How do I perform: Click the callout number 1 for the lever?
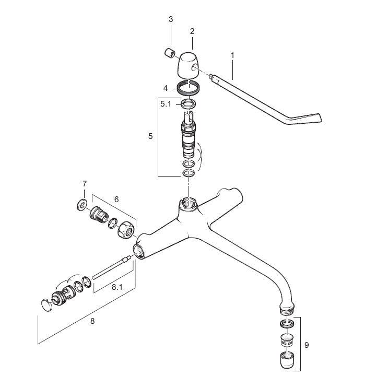pyautogui.click(x=232, y=55)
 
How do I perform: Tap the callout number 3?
pyautogui.click(x=171, y=19)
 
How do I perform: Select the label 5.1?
pyautogui.click(x=166, y=104)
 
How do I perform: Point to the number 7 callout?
pyautogui.click(x=85, y=184)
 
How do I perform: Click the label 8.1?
pyautogui.click(x=117, y=287)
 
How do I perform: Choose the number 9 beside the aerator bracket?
pyautogui.click(x=307, y=345)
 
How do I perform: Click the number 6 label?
pyautogui.click(x=116, y=199)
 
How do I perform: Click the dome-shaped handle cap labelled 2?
pyautogui.click(x=188, y=65)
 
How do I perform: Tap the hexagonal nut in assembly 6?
pyautogui.click(x=126, y=230)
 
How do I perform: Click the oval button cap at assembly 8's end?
pyautogui.click(x=46, y=305)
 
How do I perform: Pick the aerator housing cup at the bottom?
pyautogui.click(x=287, y=360)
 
